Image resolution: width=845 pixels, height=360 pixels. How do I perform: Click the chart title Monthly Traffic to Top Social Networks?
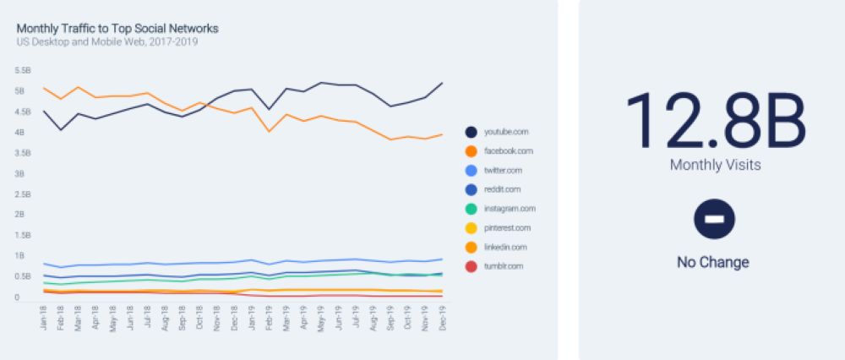(x=117, y=29)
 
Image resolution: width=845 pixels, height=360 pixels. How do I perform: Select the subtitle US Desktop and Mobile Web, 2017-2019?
(x=107, y=41)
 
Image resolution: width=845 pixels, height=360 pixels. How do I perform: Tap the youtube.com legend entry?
(x=507, y=132)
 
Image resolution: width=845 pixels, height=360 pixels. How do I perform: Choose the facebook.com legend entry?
(x=509, y=151)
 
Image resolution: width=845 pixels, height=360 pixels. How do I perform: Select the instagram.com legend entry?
(x=510, y=209)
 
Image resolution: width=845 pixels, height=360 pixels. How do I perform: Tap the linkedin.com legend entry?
(x=505, y=247)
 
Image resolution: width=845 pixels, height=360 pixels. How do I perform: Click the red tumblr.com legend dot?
(x=471, y=266)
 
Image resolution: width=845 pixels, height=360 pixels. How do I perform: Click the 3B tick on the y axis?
(x=21, y=174)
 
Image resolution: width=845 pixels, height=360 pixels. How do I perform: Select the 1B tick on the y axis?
(x=21, y=256)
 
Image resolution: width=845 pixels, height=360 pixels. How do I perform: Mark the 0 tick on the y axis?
(x=19, y=297)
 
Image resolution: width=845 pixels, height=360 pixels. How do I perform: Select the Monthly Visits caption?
(x=715, y=166)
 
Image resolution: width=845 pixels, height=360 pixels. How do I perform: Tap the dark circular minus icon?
(x=714, y=219)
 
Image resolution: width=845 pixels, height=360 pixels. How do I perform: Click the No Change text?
(x=713, y=263)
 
